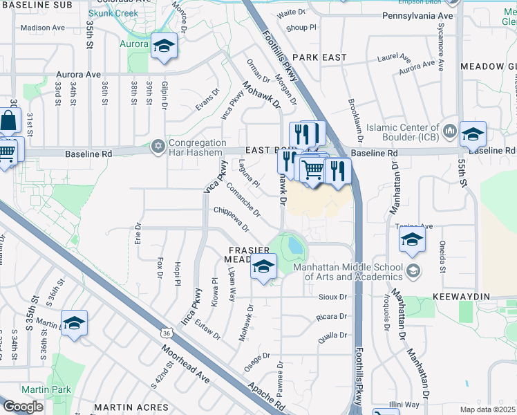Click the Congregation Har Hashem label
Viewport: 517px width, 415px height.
pos(198,147)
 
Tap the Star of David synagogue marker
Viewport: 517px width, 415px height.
pos(158,147)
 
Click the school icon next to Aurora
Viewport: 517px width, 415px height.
pos(164,47)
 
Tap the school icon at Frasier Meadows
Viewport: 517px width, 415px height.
pos(263,267)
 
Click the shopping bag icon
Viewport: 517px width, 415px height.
pos(8,121)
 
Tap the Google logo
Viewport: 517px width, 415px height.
pos(23,407)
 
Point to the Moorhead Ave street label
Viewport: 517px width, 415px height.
pos(186,367)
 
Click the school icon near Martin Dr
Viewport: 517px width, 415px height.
pos(74,323)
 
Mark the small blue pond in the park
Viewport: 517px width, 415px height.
pos(296,246)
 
